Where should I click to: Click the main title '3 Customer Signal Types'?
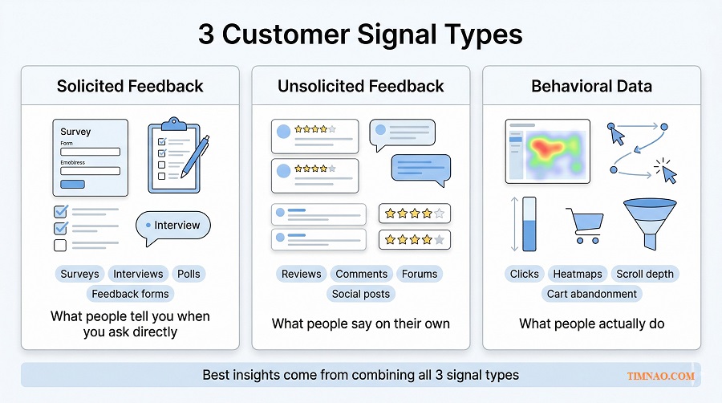[360, 35]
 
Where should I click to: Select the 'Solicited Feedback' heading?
[130, 86]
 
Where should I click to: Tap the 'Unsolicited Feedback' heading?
[360, 86]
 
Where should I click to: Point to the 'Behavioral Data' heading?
[591, 86]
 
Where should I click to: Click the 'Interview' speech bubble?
[173, 226]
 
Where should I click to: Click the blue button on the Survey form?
[72, 184]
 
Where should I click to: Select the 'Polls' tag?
[189, 274]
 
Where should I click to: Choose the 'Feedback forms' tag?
[130, 294]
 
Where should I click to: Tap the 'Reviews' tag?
[301, 274]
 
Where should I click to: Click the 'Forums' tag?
[420, 274]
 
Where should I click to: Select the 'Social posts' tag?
[360, 294]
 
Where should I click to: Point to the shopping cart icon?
[583, 226]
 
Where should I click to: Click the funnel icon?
[649, 223]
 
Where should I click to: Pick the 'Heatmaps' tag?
[577, 274]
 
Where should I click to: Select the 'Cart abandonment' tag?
[591, 294]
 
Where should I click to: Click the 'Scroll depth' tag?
[644, 274]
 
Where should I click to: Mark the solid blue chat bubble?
[420, 169]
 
